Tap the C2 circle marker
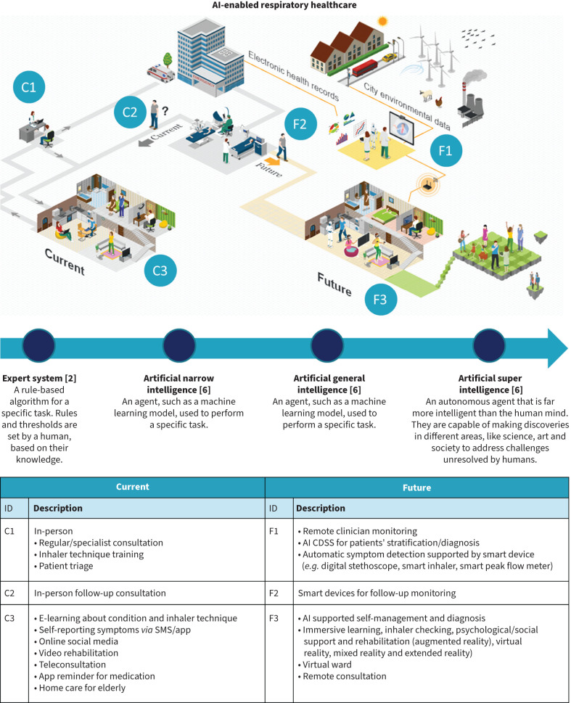coord(130,113)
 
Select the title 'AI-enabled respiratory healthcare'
coord(285,6)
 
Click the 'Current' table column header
coord(132,487)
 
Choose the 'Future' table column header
coord(417,487)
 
